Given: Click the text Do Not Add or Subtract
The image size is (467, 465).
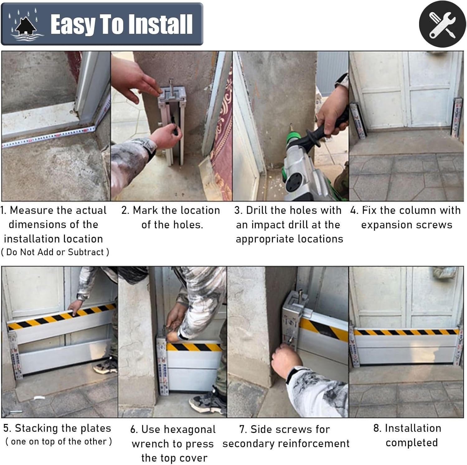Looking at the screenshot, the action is tap(55, 252).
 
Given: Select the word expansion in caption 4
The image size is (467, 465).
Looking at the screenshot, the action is tap(385, 225).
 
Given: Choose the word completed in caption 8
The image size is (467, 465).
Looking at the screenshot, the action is tap(412, 443).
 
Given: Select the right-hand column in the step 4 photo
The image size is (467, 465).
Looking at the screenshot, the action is tap(457, 117).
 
